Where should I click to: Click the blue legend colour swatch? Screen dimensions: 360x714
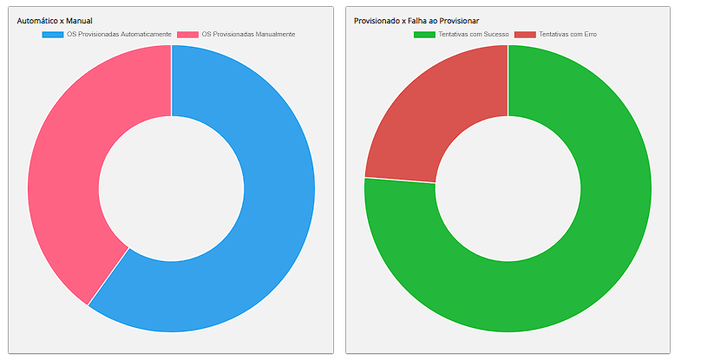53,35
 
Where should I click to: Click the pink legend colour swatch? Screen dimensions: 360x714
187,35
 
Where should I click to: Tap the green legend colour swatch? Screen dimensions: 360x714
424,35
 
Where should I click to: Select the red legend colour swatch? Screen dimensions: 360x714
525,35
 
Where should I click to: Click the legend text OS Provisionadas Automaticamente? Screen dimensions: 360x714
119,35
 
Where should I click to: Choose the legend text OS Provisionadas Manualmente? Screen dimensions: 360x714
248,35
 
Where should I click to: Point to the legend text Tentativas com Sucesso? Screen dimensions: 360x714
474,35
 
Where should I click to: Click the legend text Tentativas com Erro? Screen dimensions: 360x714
567,35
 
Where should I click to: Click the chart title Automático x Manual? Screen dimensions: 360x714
55,20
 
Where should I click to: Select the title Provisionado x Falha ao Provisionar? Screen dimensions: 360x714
416,20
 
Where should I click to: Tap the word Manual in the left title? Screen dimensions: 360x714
79,20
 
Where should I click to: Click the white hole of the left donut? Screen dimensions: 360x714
171,188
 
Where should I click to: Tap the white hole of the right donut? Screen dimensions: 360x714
508,188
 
